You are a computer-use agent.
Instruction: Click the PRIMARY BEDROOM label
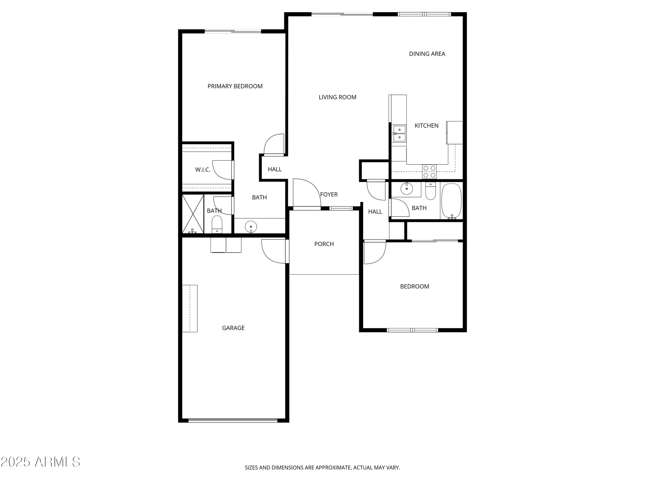click(x=235, y=86)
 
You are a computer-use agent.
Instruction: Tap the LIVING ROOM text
click(x=337, y=97)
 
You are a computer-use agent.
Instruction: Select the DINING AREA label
click(x=427, y=54)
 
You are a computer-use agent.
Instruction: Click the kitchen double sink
click(x=399, y=134)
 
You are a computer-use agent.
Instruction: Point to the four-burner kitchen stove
click(x=429, y=172)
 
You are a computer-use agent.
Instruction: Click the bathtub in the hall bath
click(x=451, y=201)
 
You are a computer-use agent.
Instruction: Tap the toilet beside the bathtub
click(x=431, y=191)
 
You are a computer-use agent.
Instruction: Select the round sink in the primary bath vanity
click(x=251, y=227)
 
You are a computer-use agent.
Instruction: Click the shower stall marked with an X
click(x=193, y=214)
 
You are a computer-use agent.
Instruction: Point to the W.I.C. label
click(x=203, y=170)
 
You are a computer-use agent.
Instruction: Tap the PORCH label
click(x=324, y=244)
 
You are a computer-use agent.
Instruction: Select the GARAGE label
click(x=233, y=328)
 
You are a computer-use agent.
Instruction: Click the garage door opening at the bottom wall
click(x=233, y=420)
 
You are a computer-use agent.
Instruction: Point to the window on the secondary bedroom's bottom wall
click(x=412, y=330)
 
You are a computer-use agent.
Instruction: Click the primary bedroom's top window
click(x=233, y=31)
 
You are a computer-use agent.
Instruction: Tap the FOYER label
click(x=329, y=195)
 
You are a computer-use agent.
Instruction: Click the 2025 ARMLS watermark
click(x=40, y=462)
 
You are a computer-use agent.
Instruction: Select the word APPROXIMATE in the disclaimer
click(x=334, y=468)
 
